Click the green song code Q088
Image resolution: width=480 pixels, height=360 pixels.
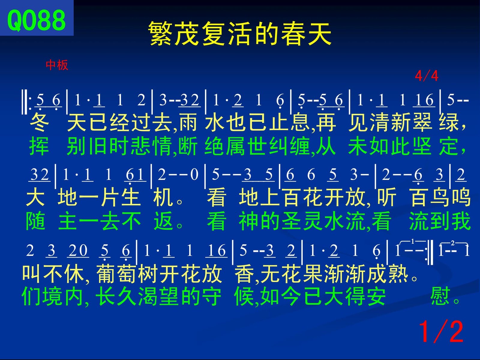point(36,20)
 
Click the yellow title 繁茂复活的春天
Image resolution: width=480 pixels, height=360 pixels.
point(240,33)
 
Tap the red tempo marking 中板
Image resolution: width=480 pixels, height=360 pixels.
point(57,65)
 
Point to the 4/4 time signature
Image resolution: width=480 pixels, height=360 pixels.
point(426,76)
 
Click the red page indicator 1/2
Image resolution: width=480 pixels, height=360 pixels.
point(441,331)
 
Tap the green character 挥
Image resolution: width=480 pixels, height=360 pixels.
point(39,146)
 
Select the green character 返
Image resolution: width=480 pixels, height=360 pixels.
point(163,221)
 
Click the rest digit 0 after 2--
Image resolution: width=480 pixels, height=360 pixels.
point(194,175)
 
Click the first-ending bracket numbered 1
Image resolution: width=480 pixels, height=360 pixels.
point(412,241)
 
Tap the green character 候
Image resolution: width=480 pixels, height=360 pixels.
point(244,296)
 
